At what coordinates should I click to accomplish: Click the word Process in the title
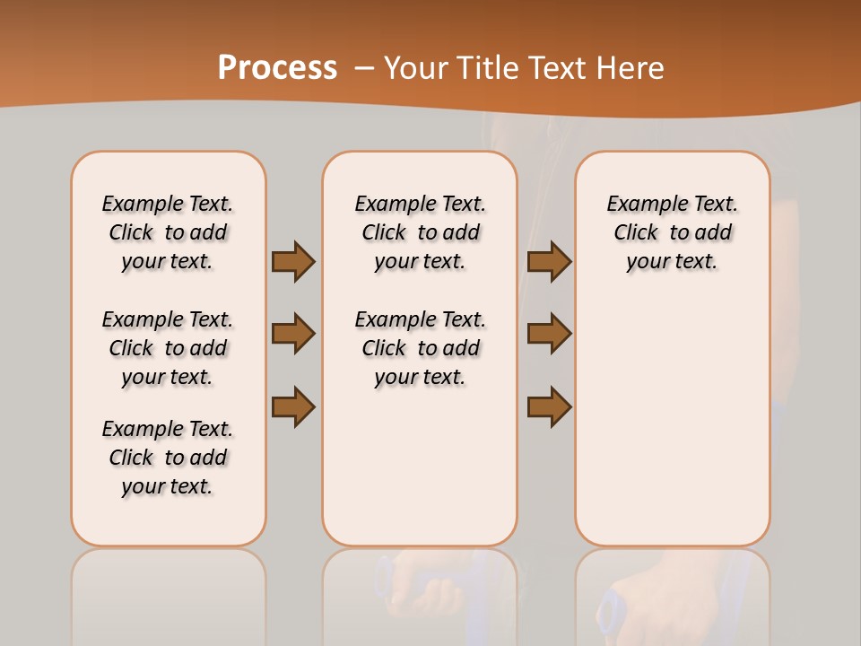[x=277, y=68]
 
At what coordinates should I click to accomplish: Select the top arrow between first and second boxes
[x=293, y=262]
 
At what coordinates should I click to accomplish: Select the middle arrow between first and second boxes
[x=293, y=334]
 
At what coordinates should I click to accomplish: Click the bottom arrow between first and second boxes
[x=293, y=406]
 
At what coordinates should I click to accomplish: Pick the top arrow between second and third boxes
[x=549, y=262]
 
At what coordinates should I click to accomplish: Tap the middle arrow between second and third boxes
[x=549, y=334]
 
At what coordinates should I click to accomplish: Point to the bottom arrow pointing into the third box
[x=549, y=406]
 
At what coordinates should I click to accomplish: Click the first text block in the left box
[x=168, y=232]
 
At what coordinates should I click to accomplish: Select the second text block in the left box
[x=168, y=348]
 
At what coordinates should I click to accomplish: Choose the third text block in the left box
[x=168, y=458]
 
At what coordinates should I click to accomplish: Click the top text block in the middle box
[x=420, y=232]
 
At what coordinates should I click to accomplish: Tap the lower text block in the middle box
[x=420, y=348]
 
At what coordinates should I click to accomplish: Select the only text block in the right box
[x=672, y=232]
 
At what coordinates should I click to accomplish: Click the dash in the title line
[x=364, y=68]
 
